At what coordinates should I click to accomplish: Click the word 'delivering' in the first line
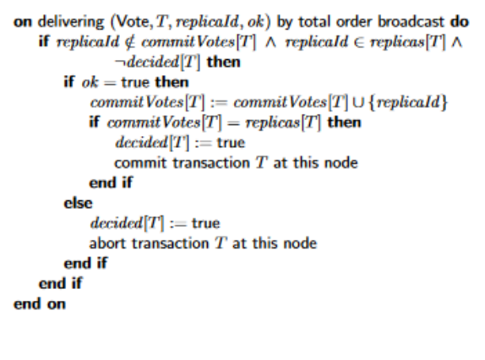tap(71, 22)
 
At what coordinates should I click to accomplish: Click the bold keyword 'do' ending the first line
tap(460, 22)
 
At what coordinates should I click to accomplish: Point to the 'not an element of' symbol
tap(130, 42)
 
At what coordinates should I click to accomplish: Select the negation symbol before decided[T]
tap(119, 63)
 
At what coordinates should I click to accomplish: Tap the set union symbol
tap(358, 102)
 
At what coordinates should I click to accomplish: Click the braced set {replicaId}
tap(408, 102)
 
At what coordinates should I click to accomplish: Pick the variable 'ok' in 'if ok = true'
tap(90, 83)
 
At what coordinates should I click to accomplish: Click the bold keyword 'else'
tap(78, 203)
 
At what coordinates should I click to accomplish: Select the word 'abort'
tap(107, 243)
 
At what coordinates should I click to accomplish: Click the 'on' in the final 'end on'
tap(57, 304)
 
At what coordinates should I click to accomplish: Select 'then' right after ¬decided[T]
tap(223, 63)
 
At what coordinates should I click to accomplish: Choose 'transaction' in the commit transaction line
tap(211, 163)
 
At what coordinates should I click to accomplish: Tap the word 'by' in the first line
tap(285, 22)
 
